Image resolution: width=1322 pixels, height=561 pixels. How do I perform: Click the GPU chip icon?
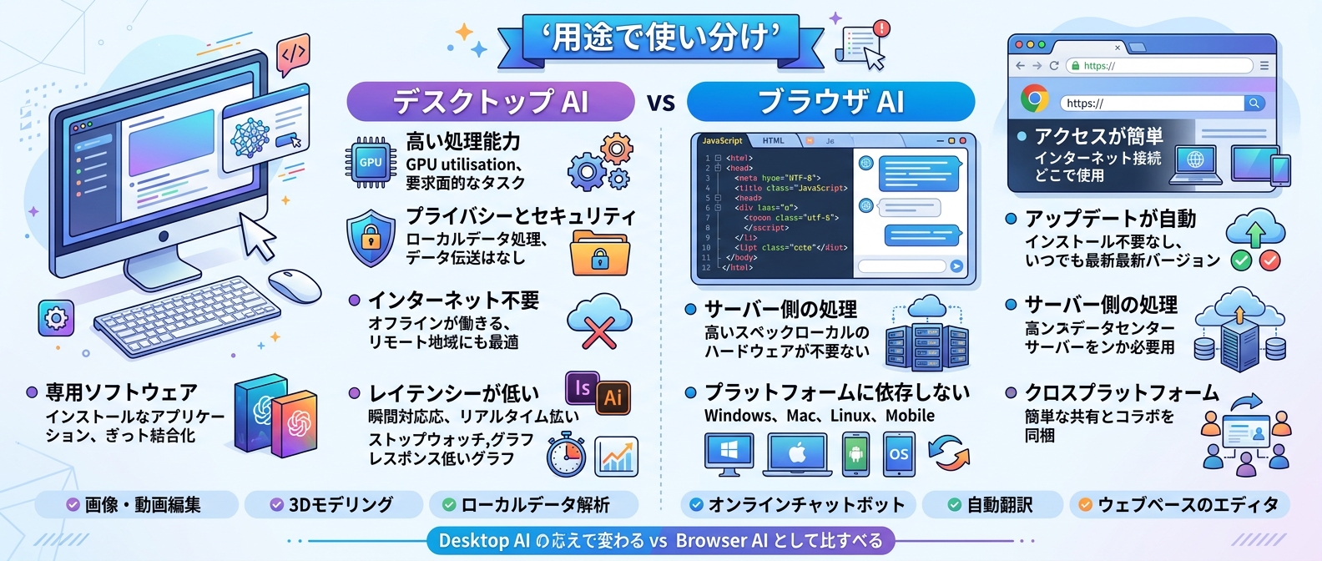click(x=371, y=162)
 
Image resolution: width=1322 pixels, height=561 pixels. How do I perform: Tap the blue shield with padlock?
click(x=371, y=238)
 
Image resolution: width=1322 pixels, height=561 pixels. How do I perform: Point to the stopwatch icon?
click(x=566, y=455)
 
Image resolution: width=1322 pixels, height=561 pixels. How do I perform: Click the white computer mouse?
click(x=294, y=286)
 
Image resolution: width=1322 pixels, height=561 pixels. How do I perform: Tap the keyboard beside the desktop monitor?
click(x=188, y=316)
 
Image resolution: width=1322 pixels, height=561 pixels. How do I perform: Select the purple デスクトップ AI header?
click(x=491, y=102)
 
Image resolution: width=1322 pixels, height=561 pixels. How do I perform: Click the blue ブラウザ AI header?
click(x=830, y=102)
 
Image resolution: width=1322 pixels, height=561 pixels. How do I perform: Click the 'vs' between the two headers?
click(x=660, y=103)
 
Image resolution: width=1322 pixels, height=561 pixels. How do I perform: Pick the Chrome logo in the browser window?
click(x=1035, y=99)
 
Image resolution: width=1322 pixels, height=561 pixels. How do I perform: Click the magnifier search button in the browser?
click(x=1254, y=103)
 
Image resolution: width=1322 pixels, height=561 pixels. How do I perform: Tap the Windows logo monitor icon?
click(x=729, y=453)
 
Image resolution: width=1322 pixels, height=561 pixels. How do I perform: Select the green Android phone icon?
click(x=855, y=454)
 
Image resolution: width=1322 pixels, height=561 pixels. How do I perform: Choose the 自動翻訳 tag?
click(x=991, y=504)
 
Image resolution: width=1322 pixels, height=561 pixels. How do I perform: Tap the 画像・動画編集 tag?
click(x=136, y=504)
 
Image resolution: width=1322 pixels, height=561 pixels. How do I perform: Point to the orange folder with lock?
click(x=599, y=254)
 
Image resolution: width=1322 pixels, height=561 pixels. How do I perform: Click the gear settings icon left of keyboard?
click(x=56, y=318)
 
